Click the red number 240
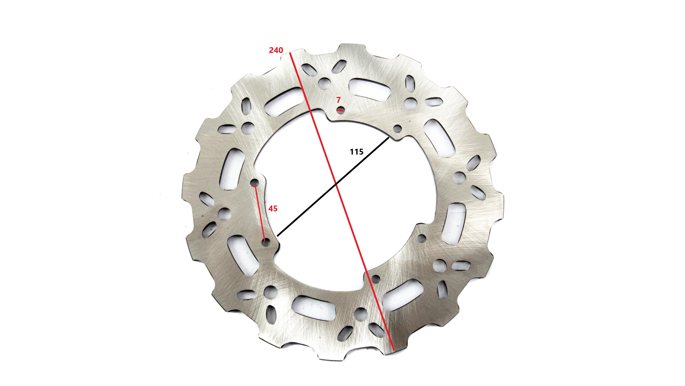[x=276, y=50]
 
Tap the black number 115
[x=357, y=152]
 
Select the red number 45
[x=273, y=209]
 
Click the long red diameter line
[x=342, y=201]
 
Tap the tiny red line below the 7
[x=340, y=110]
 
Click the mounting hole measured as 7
[x=340, y=110]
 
